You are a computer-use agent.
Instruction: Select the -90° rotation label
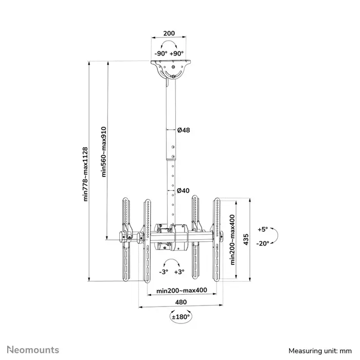tap(161, 53)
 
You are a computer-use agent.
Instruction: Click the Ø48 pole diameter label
tap(184, 131)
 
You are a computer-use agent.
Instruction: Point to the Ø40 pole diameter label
tap(184, 190)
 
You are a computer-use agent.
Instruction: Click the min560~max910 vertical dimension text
tap(104, 152)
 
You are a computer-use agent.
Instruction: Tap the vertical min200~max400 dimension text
tap(233, 239)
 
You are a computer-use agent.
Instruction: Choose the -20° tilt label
tap(263, 244)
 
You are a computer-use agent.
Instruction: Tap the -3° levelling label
tap(163, 271)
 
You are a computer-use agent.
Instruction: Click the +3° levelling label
tap(179, 271)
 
